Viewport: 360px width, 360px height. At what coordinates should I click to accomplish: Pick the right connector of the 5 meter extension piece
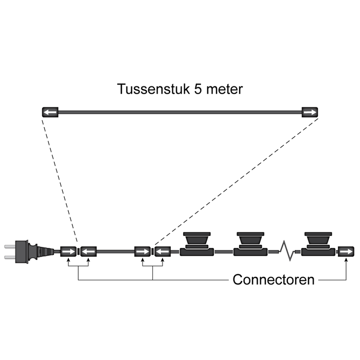[310, 112]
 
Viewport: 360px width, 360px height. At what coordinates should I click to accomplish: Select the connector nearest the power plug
[68, 251]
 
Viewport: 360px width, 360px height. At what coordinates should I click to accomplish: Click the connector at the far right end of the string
[346, 251]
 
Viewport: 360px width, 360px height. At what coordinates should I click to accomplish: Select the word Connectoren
[273, 280]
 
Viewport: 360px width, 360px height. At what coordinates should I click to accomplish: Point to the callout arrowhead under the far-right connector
[346, 261]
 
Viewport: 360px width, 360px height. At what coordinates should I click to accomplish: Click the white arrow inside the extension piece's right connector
[310, 112]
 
